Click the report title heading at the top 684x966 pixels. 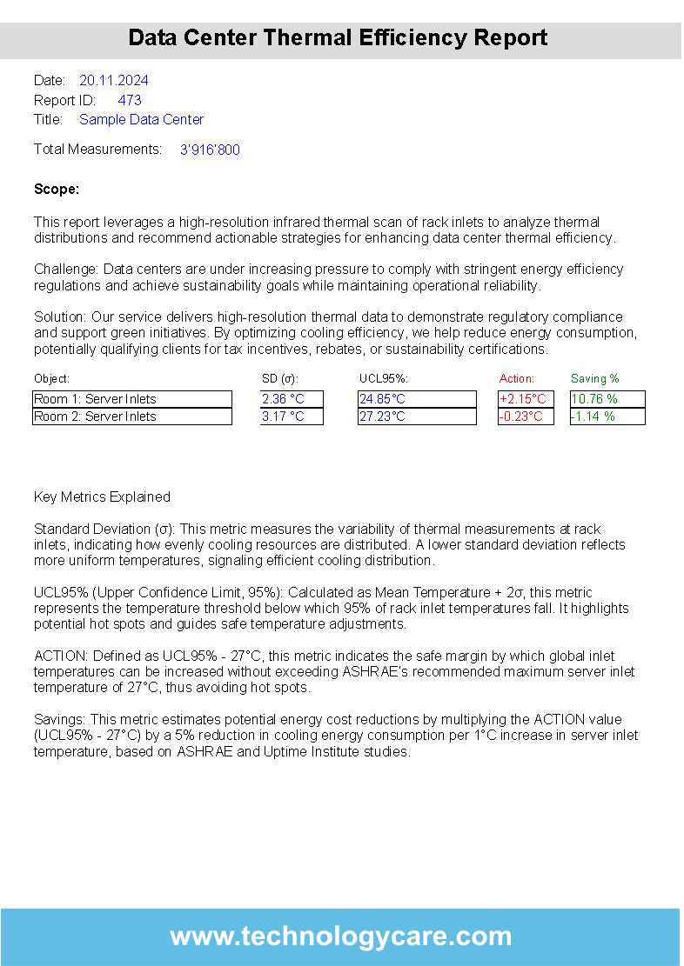[x=338, y=38]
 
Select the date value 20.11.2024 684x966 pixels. [x=114, y=81]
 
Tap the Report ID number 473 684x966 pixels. [x=130, y=100]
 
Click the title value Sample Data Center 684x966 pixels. [x=141, y=119]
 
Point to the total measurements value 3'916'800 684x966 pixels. [x=210, y=150]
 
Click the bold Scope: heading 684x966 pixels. [x=57, y=189]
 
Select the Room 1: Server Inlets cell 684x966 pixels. [x=131, y=399]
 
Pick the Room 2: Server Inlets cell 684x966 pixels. [x=131, y=416]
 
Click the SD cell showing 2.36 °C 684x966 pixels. [x=292, y=399]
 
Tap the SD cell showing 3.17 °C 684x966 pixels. [x=292, y=416]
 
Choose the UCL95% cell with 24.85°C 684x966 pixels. [x=416, y=399]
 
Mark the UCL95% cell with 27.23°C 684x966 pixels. [x=416, y=416]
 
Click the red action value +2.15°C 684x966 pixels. [x=525, y=399]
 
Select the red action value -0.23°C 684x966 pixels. [x=525, y=416]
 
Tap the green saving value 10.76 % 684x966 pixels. [x=607, y=399]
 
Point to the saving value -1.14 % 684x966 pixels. [x=607, y=416]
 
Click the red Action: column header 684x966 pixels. [x=517, y=379]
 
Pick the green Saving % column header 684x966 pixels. [x=594, y=379]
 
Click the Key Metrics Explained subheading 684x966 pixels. [x=102, y=497]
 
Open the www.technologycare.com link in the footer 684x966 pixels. [x=341, y=936]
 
